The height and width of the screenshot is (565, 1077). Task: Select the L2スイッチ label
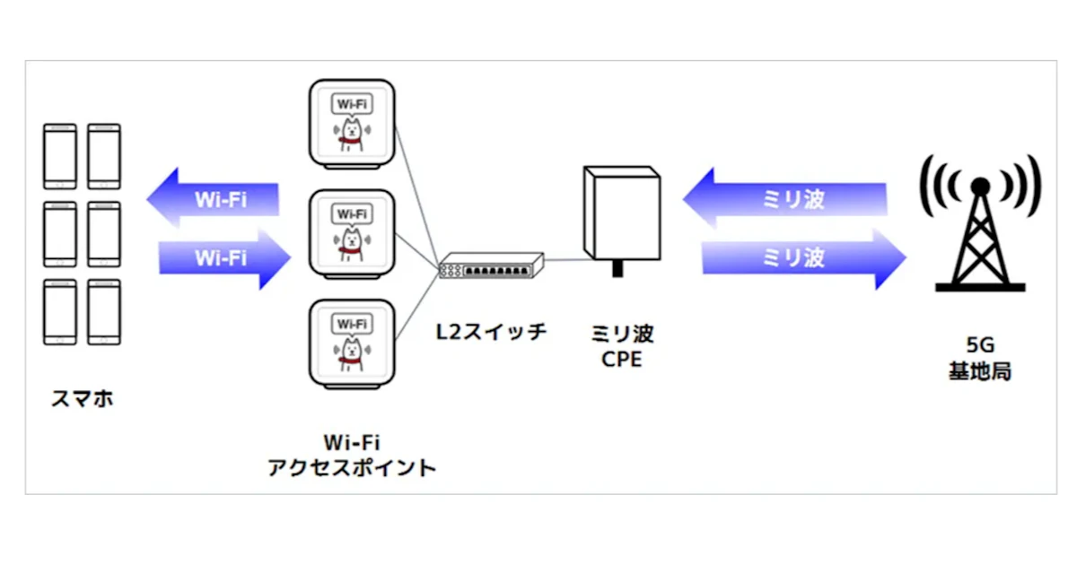click(491, 332)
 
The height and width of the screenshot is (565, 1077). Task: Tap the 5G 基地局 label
click(980, 359)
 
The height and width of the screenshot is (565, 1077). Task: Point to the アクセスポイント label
click(352, 467)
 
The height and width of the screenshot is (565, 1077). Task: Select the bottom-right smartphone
click(103, 311)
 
